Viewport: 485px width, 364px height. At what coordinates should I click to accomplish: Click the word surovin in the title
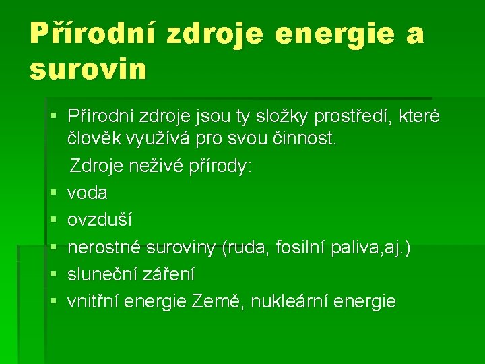[88, 69]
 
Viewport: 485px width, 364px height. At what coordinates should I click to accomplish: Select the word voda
[88, 193]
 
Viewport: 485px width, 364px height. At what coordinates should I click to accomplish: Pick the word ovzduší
[100, 220]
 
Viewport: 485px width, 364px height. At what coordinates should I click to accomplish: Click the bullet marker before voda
[54, 193]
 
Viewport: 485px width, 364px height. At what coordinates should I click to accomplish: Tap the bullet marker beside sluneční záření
[54, 275]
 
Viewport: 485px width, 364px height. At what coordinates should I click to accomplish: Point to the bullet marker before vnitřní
[54, 302]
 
